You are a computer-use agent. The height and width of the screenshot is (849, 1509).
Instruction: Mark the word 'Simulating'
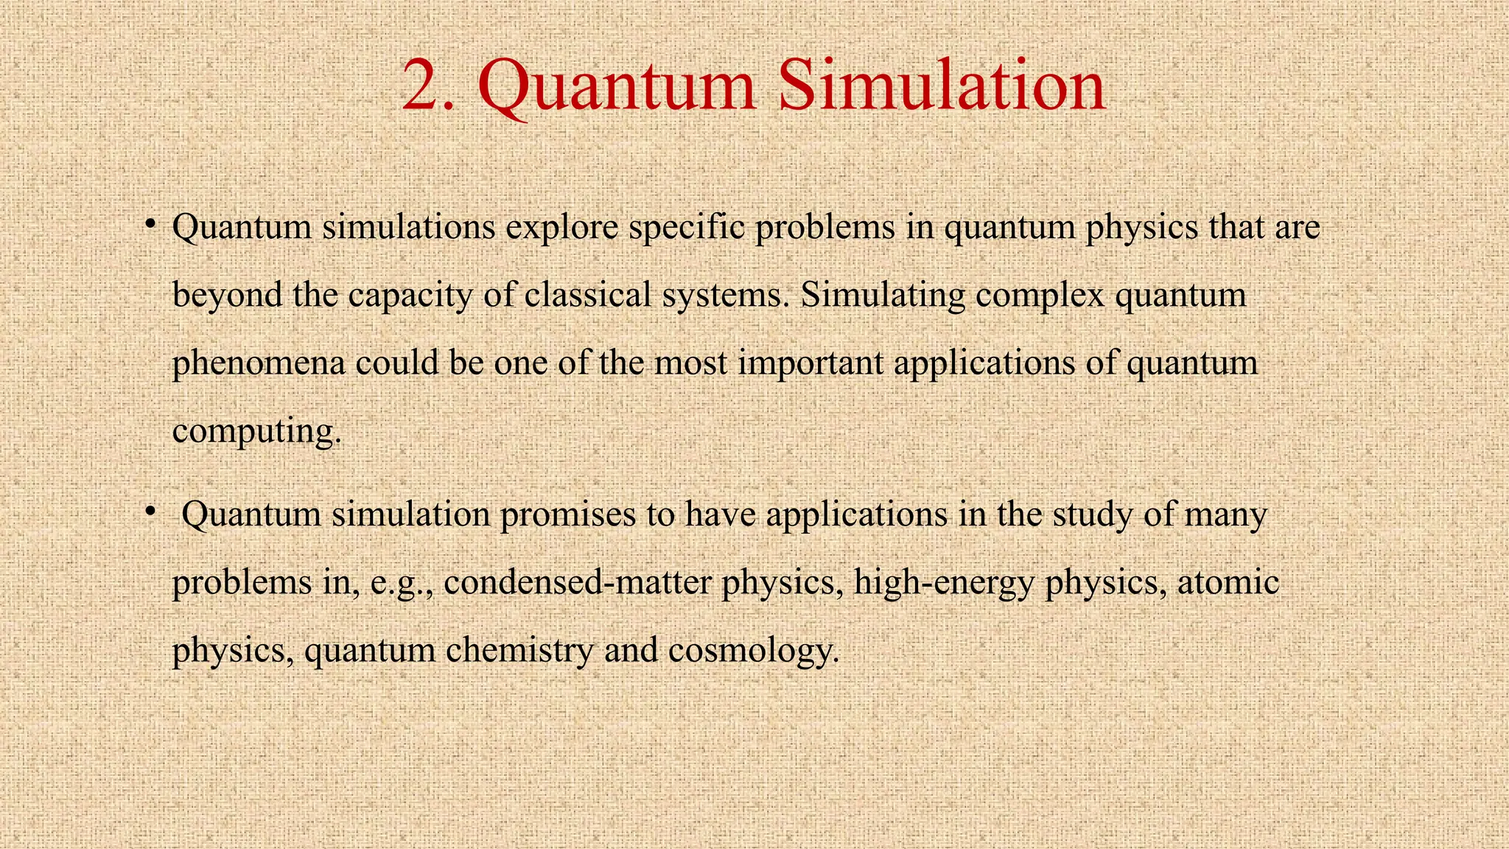883,295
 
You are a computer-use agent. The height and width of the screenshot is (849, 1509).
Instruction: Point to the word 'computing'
253,431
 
